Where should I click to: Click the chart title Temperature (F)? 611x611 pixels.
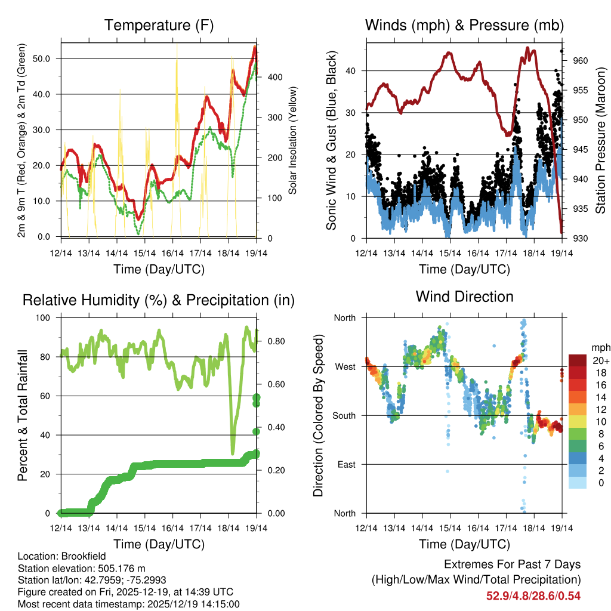pyautogui.click(x=159, y=25)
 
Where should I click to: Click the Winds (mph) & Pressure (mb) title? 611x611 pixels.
pyautogui.click(x=464, y=25)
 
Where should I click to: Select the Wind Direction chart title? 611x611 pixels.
pyautogui.click(x=464, y=297)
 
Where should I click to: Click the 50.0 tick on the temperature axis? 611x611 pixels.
pyautogui.click(x=43, y=58)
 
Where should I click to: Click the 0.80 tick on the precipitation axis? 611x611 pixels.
pyautogui.click(x=275, y=341)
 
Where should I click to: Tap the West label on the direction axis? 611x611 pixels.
pyautogui.click(x=345, y=366)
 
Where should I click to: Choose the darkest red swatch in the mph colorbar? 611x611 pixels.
pyautogui.click(x=577, y=360)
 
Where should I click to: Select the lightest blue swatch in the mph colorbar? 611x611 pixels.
pyautogui.click(x=577, y=483)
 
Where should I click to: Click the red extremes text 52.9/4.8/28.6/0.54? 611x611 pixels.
pyautogui.click(x=533, y=595)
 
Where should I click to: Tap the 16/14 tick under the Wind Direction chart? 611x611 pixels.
pyautogui.click(x=478, y=528)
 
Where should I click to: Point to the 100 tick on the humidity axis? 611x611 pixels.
pyautogui.click(x=45, y=317)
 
